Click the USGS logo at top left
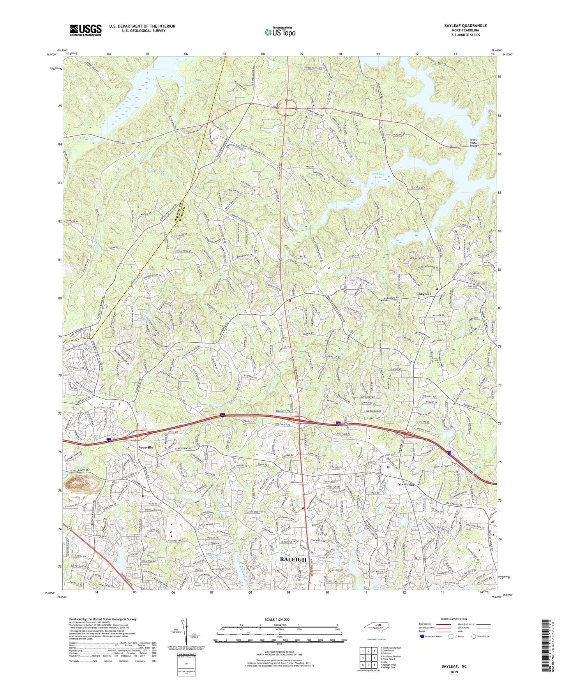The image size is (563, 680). [x=86, y=30]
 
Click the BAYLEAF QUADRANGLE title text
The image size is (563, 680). [x=465, y=26]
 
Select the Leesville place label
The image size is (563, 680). [x=146, y=447]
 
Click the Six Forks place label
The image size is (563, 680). [x=406, y=484]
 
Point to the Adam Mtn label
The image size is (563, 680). [x=416, y=258]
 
